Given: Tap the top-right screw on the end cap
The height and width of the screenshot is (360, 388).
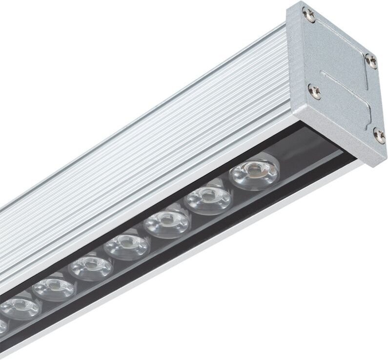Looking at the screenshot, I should point(371,60).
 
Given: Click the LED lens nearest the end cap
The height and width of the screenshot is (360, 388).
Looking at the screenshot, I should point(254,173).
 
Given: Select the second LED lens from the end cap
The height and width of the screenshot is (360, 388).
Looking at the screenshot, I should point(208,198).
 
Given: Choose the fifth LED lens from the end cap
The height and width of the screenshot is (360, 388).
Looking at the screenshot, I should point(91,267).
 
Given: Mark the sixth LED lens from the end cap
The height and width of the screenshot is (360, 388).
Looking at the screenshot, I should point(54,289).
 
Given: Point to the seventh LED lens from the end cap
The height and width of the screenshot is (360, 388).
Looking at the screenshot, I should point(20,308).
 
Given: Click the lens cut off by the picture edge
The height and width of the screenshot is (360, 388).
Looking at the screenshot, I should point(2,325).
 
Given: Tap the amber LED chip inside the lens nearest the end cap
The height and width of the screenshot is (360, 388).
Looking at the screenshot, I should point(254,169).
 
